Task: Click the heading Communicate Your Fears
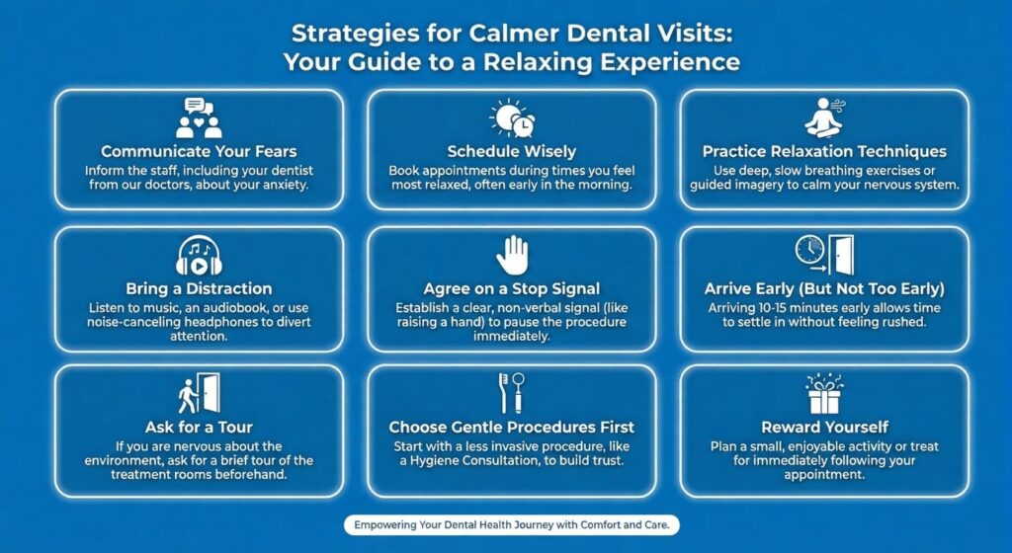[199, 152]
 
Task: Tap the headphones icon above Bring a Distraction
[199, 256]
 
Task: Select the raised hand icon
[511, 255]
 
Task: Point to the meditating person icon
[823, 118]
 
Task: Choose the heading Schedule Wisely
[511, 152]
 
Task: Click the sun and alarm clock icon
[512, 118]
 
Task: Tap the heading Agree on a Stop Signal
[511, 289]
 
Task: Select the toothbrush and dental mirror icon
[511, 393]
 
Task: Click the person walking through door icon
[199, 393]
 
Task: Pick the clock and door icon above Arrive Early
[823, 255]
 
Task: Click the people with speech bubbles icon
[199, 118]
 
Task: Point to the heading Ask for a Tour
[199, 428]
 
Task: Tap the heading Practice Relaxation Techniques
[823, 152]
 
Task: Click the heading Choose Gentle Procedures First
[511, 428]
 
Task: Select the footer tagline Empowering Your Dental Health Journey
[511, 525]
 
